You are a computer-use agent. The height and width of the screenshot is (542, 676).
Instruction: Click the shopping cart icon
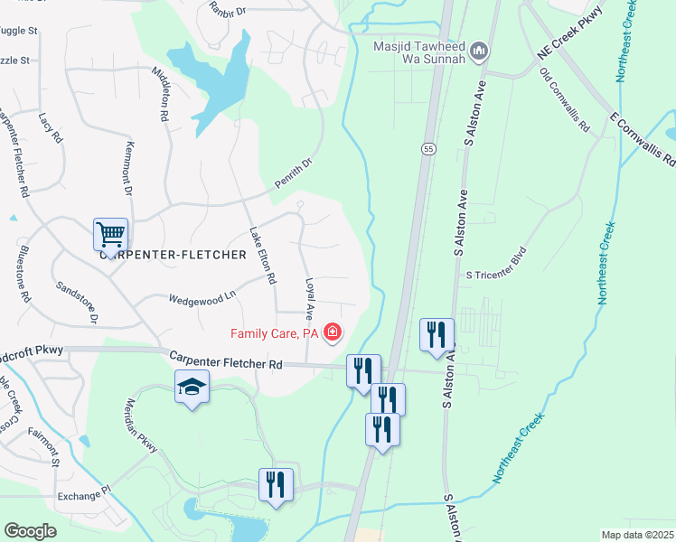point(110,235)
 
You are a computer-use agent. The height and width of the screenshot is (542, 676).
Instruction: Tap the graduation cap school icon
point(192,388)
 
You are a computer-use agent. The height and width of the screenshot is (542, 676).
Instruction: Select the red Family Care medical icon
point(333,333)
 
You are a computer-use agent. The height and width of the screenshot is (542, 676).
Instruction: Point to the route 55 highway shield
point(428,147)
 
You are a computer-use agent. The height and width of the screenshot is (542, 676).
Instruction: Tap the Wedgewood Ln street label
point(202,295)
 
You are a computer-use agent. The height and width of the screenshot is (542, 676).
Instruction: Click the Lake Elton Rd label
point(262,256)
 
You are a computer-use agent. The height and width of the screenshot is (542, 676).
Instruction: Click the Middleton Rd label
point(162,94)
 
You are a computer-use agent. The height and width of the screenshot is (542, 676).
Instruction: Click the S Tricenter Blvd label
point(494,275)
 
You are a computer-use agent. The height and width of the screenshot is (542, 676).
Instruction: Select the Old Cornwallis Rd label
point(564,98)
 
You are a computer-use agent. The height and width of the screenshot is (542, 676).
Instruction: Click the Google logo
point(30,531)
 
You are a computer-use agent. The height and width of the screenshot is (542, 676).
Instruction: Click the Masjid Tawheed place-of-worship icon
point(479,51)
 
